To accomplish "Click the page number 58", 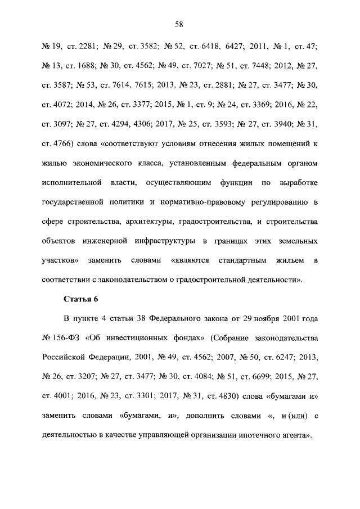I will coord(179,24).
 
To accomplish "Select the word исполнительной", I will coord(71,183).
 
